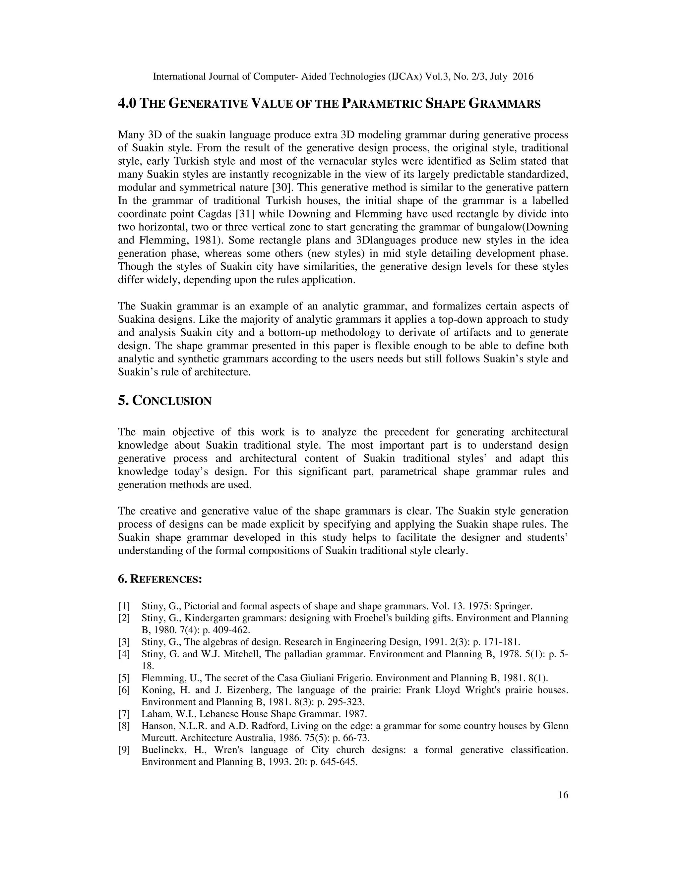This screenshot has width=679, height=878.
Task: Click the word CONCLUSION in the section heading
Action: coord(172,401)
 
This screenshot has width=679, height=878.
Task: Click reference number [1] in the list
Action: coord(124,606)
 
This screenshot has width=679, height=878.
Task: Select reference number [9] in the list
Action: coord(124,750)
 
